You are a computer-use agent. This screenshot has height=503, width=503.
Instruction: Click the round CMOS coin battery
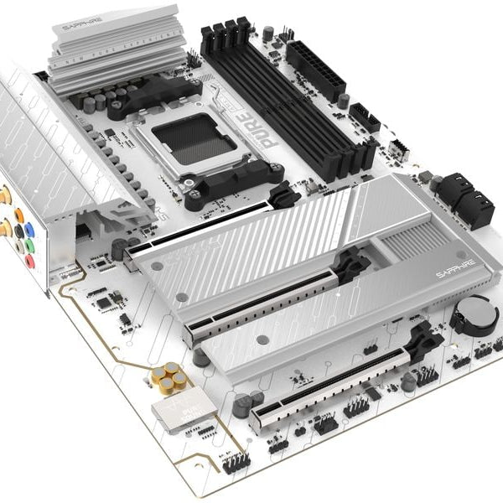[x=474, y=314]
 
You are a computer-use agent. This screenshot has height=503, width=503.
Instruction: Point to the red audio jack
[x=30, y=262]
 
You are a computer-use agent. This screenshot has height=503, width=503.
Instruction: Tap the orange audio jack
[x=18, y=215]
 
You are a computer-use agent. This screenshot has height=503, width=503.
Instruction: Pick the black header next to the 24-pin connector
[x=365, y=117]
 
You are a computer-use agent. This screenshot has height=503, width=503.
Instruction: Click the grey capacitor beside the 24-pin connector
[x=344, y=101]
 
